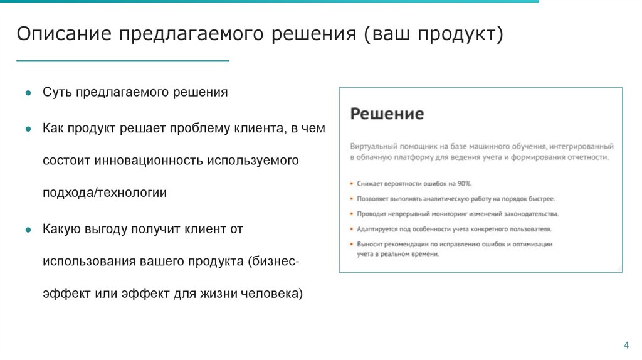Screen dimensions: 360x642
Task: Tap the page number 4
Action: pos(625,346)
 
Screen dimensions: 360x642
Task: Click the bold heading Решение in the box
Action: pos(387,114)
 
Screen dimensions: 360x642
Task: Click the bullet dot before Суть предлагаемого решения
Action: pos(28,93)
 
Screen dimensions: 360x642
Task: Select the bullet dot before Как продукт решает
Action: pos(28,129)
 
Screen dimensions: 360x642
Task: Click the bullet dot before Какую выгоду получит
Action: pos(28,230)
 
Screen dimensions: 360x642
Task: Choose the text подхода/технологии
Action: pos(105,193)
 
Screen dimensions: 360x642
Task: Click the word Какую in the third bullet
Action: pos(61,229)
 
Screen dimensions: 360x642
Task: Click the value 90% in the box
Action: pos(464,183)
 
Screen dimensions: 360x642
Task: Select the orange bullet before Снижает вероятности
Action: pos(352,184)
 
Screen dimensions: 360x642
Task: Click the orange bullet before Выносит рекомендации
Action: pos(352,244)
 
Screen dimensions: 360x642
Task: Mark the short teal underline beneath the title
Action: pos(122,61)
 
